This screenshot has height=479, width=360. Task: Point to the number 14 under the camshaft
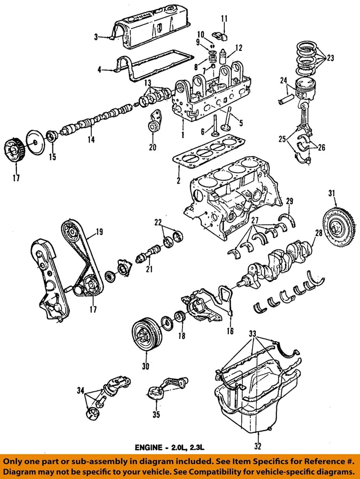click(x=91, y=140)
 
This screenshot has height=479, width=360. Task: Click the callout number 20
click(x=153, y=147)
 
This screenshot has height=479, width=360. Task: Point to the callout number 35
click(x=156, y=414)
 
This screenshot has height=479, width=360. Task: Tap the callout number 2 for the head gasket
click(x=178, y=180)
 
